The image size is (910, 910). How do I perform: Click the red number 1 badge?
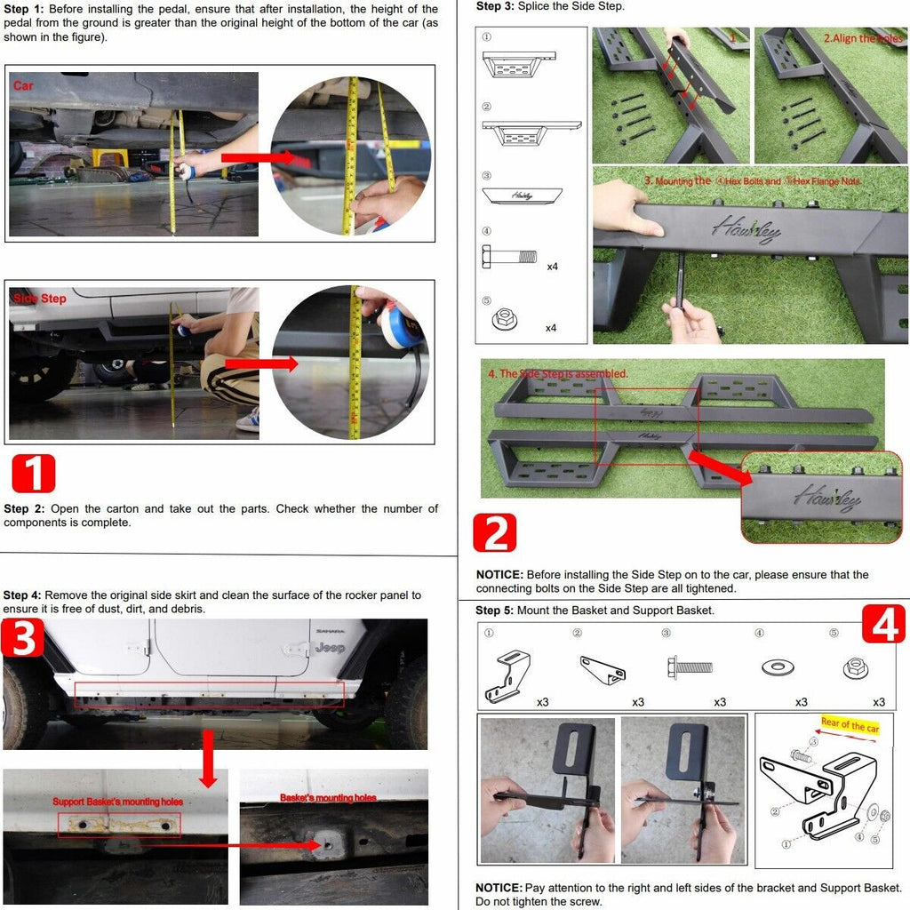(x=34, y=474)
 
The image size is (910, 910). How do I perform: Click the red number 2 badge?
(x=495, y=533)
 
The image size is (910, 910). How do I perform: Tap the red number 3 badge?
(x=23, y=639)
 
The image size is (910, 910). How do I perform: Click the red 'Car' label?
(x=23, y=86)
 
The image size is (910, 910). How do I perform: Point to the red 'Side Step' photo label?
(x=40, y=299)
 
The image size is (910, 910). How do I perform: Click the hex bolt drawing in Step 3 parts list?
(x=510, y=258)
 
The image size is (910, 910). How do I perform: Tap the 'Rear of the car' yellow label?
(x=850, y=726)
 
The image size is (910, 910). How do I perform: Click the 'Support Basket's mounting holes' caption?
(x=117, y=802)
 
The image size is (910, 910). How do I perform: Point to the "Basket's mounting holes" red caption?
(x=328, y=798)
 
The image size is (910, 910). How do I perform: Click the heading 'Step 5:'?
(x=494, y=611)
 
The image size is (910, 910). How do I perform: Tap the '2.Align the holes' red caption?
(x=861, y=39)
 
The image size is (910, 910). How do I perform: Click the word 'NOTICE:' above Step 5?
(x=499, y=575)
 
